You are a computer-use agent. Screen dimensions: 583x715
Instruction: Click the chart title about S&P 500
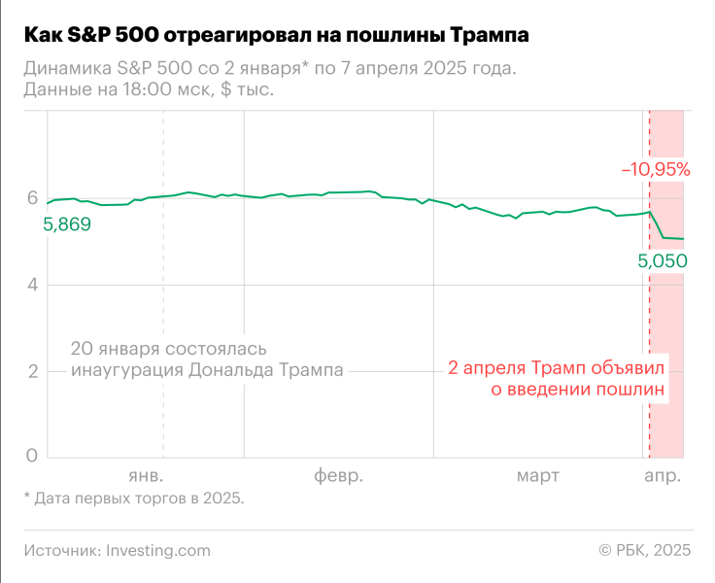(277, 36)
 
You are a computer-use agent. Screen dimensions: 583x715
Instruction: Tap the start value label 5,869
(67, 224)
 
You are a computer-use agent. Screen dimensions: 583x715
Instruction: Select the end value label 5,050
(663, 260)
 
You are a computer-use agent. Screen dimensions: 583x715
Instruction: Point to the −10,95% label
(656, 169)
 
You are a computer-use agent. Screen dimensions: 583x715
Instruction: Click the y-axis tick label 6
(31, 199)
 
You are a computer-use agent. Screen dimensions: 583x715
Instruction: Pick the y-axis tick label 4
(31, 285)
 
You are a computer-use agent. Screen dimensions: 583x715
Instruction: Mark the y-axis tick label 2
(31, 371)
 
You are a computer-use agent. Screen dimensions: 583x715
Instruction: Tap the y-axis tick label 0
(31, 457)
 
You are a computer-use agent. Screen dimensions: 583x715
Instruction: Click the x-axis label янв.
(146, 476)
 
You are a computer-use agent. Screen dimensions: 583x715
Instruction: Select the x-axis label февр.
(338, 476)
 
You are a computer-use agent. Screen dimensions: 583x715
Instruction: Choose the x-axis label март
(537, 476)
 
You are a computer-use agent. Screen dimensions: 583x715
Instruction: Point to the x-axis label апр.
(663, 476)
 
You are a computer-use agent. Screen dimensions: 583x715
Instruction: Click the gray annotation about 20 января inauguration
(207, 360)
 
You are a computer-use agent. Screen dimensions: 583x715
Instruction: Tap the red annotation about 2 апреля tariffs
(559, 379)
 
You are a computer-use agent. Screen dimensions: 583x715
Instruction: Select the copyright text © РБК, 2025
(645, 550)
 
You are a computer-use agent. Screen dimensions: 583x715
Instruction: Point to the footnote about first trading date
(134, 498)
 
